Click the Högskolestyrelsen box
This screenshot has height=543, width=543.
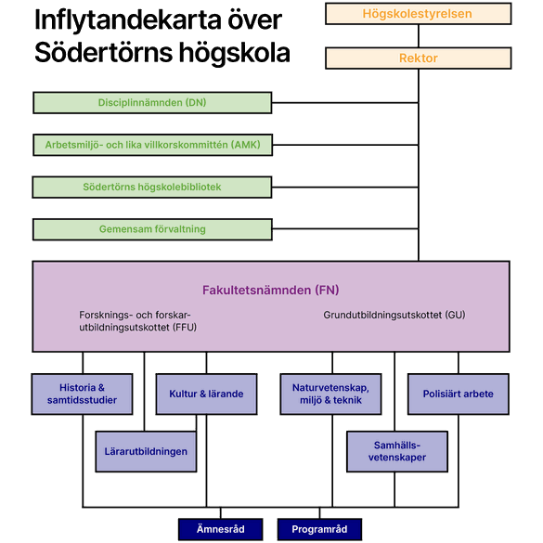click(x=419, y=14)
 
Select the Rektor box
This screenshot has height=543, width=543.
click(x=419, y=58)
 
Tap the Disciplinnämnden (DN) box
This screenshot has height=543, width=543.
click(x=152, y=102)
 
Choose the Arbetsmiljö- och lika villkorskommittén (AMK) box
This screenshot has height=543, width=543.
click(x=153, y=145)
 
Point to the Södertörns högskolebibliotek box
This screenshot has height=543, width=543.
click(x=152, y=187)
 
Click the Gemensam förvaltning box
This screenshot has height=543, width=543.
click(x=152, y=229)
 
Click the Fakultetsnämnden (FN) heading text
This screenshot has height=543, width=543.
click(x=271, y=291)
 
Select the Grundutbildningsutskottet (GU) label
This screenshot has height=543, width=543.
click(x=394, y=315)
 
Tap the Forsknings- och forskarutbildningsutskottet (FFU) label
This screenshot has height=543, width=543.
click(x=137, y=321)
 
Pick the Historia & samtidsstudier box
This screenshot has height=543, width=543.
click(x=82, y=394)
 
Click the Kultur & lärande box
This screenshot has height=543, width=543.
click(x=206, y=394)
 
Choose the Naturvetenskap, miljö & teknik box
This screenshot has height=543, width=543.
click(x=330, y=394)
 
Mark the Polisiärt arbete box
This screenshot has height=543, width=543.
click(x=459, y=394)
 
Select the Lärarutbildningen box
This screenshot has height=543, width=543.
click(x=146, y=452)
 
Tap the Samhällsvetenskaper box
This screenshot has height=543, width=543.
click(x=397, y=452)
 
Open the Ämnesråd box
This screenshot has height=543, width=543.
click(x=221, y=529)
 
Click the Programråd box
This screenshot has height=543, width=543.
click(x=319, y=529)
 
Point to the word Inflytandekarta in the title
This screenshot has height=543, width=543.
click(x=127, y=20)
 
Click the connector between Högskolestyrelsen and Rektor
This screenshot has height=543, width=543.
click(x=419, y=36)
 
